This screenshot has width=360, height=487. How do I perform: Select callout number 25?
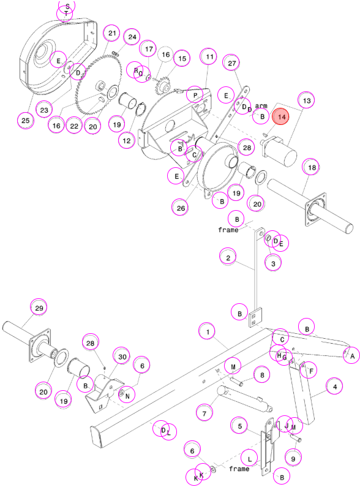(x=26, y=120)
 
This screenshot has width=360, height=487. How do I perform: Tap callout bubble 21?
(x=112, y=33)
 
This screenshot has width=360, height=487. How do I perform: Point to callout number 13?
(x=306, y=100)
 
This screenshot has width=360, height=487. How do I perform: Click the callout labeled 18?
(x=312, y=167)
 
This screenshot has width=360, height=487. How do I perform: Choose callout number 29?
(x=39, y=308)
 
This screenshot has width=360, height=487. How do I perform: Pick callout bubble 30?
(x=122, y=357)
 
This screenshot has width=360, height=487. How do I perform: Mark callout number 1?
(x=208, y=331)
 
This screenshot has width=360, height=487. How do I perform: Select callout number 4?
(x=334, y=387)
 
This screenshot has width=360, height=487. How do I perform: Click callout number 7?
(x=204, y=413)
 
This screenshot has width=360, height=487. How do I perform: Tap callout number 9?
(x=293, y=458)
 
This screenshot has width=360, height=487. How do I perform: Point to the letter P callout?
(x=195, y=95)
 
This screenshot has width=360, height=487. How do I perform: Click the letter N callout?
(x=127, y=395)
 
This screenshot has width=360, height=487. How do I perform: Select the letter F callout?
(x=311, y=371)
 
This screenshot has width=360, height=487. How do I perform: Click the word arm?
(x=261, y=106)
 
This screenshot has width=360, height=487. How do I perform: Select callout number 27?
(x=232, y=63)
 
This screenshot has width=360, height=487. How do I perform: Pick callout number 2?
(x=228, y=257)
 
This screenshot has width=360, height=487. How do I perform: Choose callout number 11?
(x=209, y=56)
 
